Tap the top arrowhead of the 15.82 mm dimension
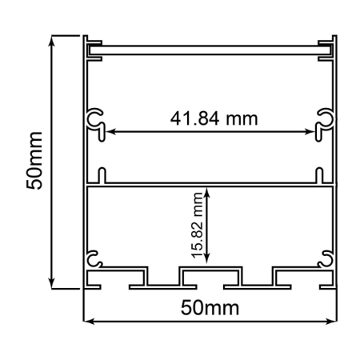tap(208, 190)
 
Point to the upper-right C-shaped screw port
tap(326, 120)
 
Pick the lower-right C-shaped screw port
tap(326, 257)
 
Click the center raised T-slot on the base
tap(210, 276)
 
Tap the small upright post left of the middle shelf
tap(102, 175)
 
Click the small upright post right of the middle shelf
tap(318, 175)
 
